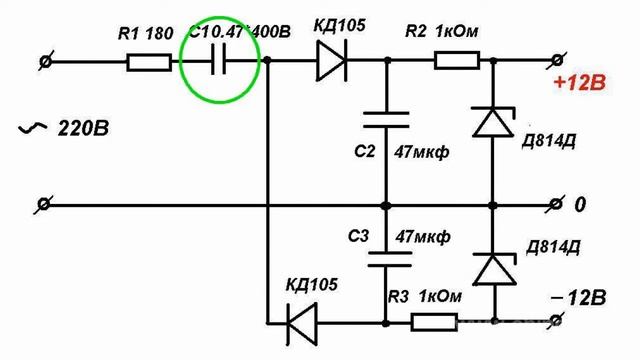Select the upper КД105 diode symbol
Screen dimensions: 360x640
click(x=330, y=62)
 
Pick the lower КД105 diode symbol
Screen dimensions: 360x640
click(x=301, y=322)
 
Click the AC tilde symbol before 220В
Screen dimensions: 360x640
click(x=35, y=129)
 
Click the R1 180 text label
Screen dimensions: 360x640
click(x=145, y=32)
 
